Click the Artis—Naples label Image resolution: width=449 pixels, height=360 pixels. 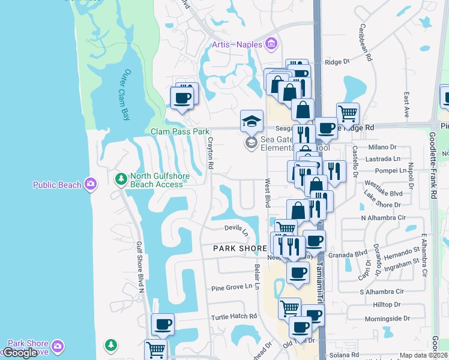[238, 44]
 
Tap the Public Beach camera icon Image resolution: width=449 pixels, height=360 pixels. [91, 183]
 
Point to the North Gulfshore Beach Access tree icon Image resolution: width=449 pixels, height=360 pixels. [121, 179]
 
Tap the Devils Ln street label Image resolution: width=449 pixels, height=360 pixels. [237, 229]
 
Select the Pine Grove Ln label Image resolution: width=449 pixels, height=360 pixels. [231, 287]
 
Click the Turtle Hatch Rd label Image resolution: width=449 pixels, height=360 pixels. [234, 316]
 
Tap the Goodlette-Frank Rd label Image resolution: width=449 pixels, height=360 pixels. [432, 174]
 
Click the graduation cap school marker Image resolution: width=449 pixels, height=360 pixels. [252, 120]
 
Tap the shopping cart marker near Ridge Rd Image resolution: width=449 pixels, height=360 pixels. [348, 112]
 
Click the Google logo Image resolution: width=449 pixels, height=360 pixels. [20, 353]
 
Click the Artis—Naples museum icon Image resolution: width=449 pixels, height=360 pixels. [271, 43]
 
